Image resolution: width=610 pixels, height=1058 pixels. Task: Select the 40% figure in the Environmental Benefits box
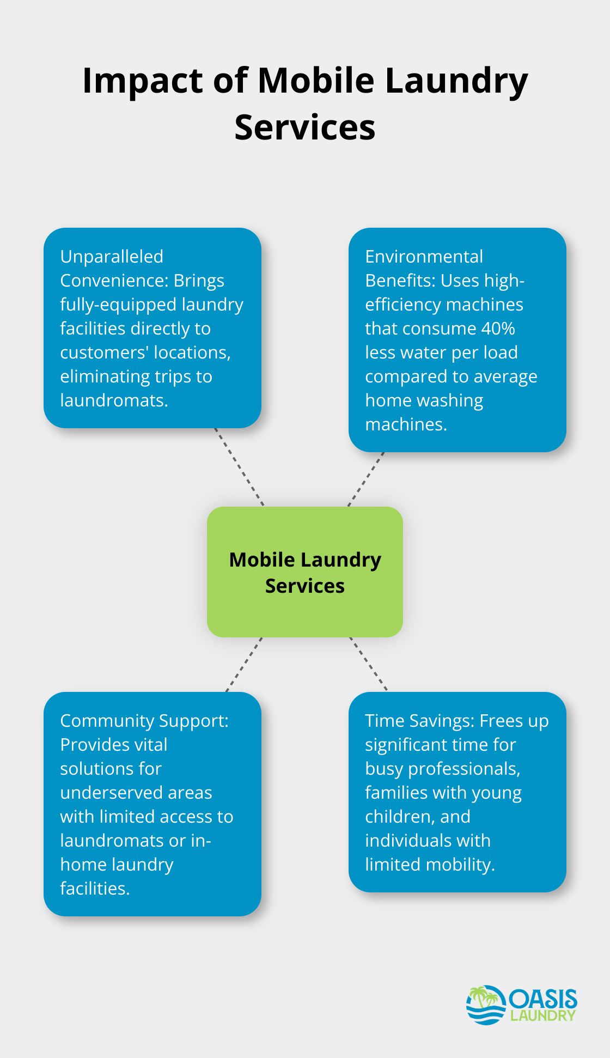point(498,329)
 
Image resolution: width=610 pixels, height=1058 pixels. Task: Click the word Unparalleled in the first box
point(112,257)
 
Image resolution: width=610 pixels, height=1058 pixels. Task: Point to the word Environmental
point(424,257)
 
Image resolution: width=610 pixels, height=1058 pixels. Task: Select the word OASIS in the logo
point(543,999)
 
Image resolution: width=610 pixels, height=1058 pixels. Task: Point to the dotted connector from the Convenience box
point(239,467)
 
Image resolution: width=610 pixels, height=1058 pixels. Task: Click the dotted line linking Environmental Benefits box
point(366,479)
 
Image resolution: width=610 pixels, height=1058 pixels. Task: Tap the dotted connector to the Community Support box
point(244,664)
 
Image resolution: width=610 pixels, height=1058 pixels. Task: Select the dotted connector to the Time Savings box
point(369,664)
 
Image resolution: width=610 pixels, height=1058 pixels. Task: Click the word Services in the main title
point(305,128)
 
